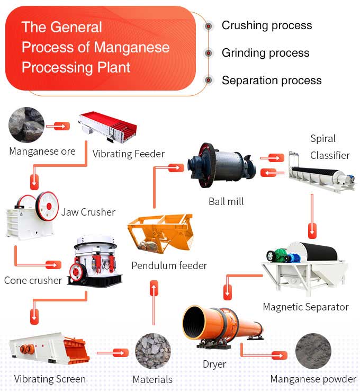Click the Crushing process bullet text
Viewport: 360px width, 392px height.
266,25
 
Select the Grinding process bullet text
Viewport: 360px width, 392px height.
265,53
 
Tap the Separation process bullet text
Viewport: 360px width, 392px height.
271,81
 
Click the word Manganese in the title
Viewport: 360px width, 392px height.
132,47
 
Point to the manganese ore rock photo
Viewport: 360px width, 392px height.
26,124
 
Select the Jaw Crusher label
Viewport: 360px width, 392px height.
88,212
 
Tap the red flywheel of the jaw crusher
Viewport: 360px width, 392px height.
48,204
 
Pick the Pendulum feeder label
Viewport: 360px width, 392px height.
169,265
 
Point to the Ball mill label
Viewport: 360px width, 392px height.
226,202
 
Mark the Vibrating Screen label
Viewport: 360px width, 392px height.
50,379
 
